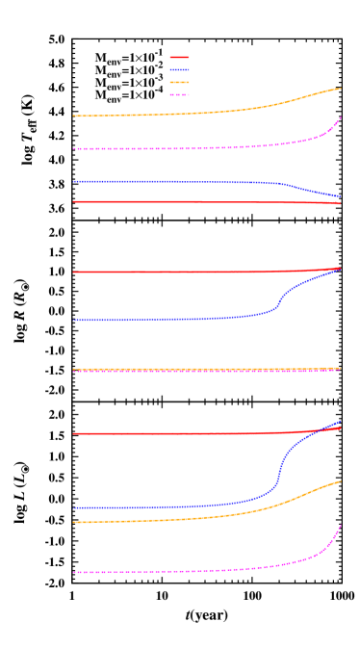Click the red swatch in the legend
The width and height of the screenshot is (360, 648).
point(179,58)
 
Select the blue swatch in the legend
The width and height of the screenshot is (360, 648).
point(179,70)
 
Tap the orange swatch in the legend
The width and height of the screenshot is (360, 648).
point(179,83)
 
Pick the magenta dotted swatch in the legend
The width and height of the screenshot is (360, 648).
point(179,95)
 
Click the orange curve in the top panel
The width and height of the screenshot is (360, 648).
point(193,114)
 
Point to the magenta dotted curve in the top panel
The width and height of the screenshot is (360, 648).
point(193,148)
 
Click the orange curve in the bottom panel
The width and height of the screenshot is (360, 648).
point(193,518)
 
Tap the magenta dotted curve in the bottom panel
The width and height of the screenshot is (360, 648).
point(193,571)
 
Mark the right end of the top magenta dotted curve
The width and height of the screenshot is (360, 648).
point(341,117)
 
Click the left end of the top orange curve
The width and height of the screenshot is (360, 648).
point(74,116)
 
